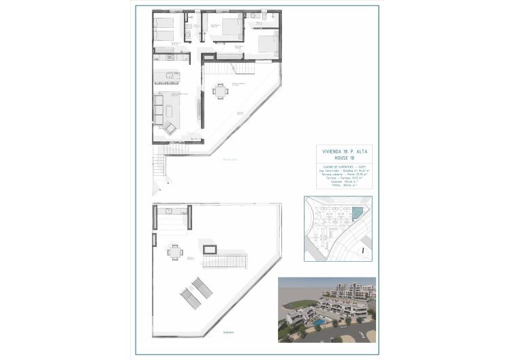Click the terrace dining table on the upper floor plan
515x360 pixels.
pyautogui.click(x=220, y=90)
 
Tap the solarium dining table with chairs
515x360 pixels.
pyautogui.click(x=175, y=252)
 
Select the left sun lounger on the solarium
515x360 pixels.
pyautogui.click(x=187, y=297)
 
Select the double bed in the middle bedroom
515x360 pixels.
pyautogui.click(x=228, y=28)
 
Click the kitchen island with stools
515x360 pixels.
pyautogui.click(x=166, y=75)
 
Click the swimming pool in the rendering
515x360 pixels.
pyautogui.click(x=318, y=318)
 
